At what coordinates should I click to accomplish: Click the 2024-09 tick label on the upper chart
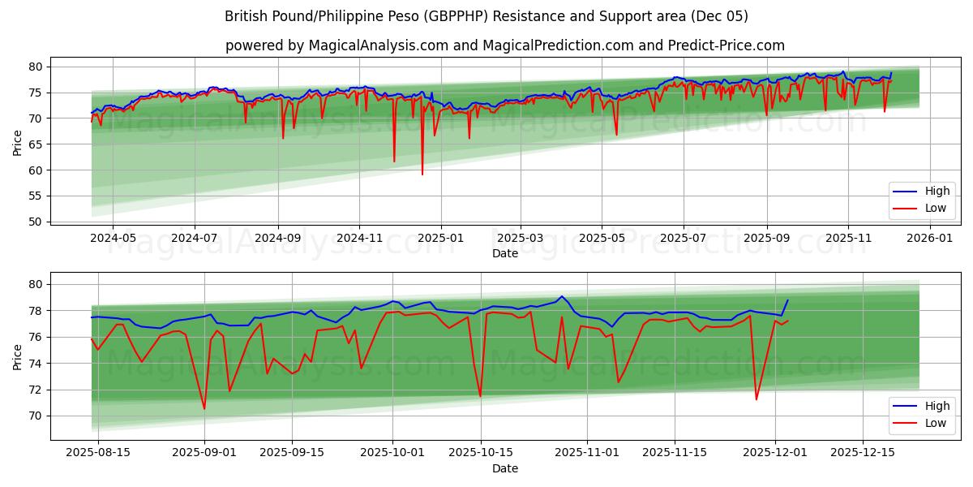pos(277,238)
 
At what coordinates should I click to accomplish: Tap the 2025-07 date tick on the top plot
pos(683,238)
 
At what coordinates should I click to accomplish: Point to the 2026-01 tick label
pos(929,238)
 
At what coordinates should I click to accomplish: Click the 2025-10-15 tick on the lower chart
pos(480,452)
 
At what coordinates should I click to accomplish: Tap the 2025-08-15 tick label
pos(97,452)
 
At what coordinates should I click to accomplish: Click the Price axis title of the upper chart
pos(18,144)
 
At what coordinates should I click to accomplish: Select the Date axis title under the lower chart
pos(504,468)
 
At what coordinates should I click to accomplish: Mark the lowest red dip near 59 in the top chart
pos(422,174)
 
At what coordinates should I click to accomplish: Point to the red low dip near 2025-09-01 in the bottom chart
pos(204,408)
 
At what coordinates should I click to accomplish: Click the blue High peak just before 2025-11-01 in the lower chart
pos(561,296)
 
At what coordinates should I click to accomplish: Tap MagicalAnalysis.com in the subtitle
pos(378,45)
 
